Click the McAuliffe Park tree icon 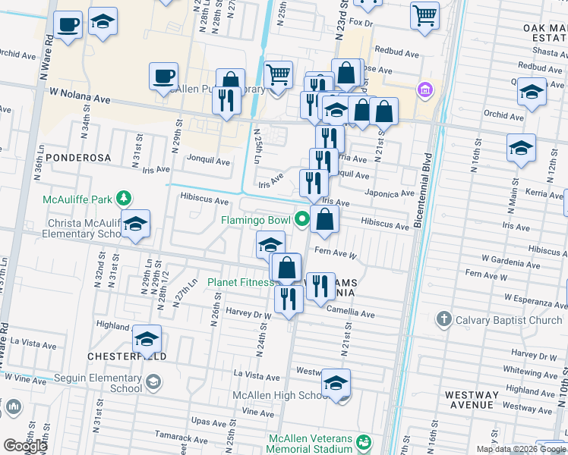click(x=122, y=199)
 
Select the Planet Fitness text click(x=241, y=283)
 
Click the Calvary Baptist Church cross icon click(x=444, y=320)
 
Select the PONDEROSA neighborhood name click(x=77, y=158)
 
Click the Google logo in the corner click(x=25, y=446)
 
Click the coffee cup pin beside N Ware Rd click(x=68, y=24)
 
